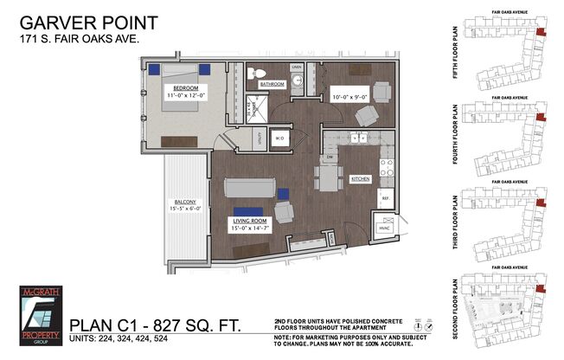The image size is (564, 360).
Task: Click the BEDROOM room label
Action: point(187,88)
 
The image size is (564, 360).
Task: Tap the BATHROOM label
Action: point(272,84)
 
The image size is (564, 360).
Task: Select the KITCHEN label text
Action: point(360,178)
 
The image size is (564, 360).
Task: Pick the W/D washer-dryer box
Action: point(279,138)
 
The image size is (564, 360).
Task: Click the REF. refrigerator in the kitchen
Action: point(385,197)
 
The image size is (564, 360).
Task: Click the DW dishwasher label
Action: point(330,157)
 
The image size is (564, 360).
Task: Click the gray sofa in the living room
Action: point(252,188)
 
